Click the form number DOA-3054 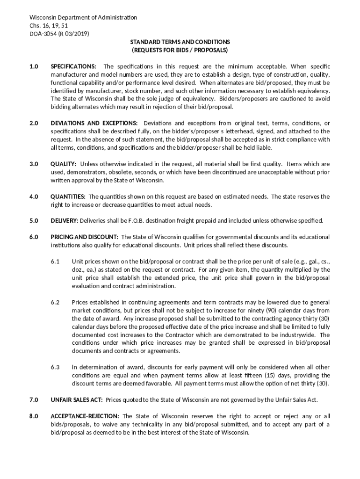tap(43, 34)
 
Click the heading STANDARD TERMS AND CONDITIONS tap(180, 42)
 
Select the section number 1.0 tap(34, 67)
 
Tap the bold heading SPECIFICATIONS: tap(74, 67)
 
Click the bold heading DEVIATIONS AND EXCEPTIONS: tap(94, 123)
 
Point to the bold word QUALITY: tap(64, 164)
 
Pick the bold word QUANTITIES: tap(68, 196)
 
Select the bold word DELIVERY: tap(65, 221)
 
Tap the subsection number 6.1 tap(56, 261)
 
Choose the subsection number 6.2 tap(56, 302)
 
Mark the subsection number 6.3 tap(56, 367)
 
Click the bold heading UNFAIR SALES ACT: tap(77, 400)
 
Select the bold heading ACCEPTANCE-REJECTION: tap(85, 416)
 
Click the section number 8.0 tap(34, 416)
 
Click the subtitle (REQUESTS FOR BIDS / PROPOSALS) tap(180, 50)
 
